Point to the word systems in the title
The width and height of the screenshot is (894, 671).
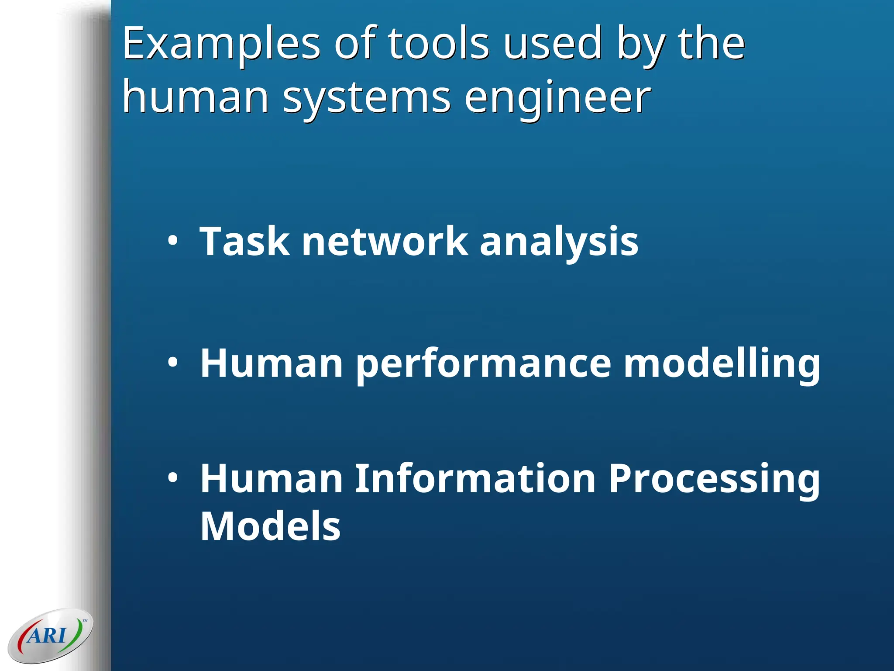[367, 98]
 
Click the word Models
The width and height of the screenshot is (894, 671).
[270, 526]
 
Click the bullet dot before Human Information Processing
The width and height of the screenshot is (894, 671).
[173, 478]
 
